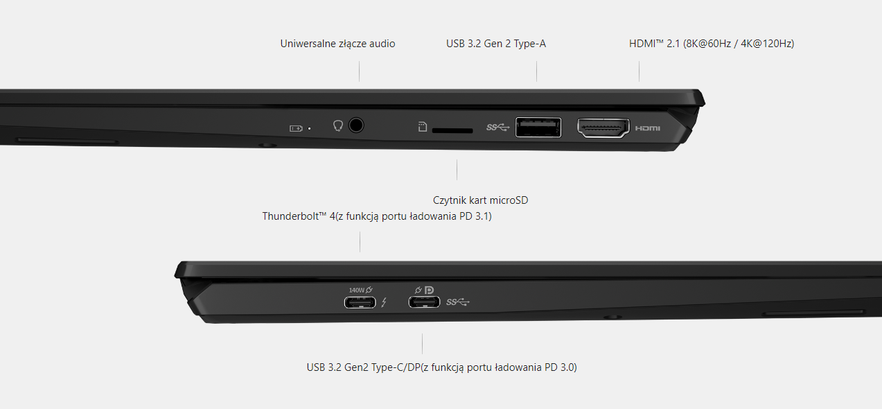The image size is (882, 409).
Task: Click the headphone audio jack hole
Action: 356,125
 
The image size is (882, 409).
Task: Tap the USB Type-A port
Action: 538,128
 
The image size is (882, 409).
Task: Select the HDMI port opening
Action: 603,128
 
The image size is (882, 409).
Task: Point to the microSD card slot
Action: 452,130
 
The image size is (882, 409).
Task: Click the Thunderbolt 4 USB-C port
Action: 360,303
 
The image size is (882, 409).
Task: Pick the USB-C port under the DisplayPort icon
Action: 424,302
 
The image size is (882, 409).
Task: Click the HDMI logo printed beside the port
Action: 648,128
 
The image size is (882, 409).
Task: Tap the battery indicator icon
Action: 296,128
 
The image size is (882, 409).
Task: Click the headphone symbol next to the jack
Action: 338,126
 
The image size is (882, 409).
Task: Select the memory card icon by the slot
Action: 423,126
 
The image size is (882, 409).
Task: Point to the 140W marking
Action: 357,290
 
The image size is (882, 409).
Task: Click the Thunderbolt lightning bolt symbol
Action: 384,302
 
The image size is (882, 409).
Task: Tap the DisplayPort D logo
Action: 429,290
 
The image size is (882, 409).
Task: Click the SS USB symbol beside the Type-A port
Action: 498,128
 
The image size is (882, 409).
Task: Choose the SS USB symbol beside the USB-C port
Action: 458,302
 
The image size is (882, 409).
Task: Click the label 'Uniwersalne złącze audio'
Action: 337,44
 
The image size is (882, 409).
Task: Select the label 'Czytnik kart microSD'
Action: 480,200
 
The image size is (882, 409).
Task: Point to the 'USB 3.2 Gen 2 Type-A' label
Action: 496,44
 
